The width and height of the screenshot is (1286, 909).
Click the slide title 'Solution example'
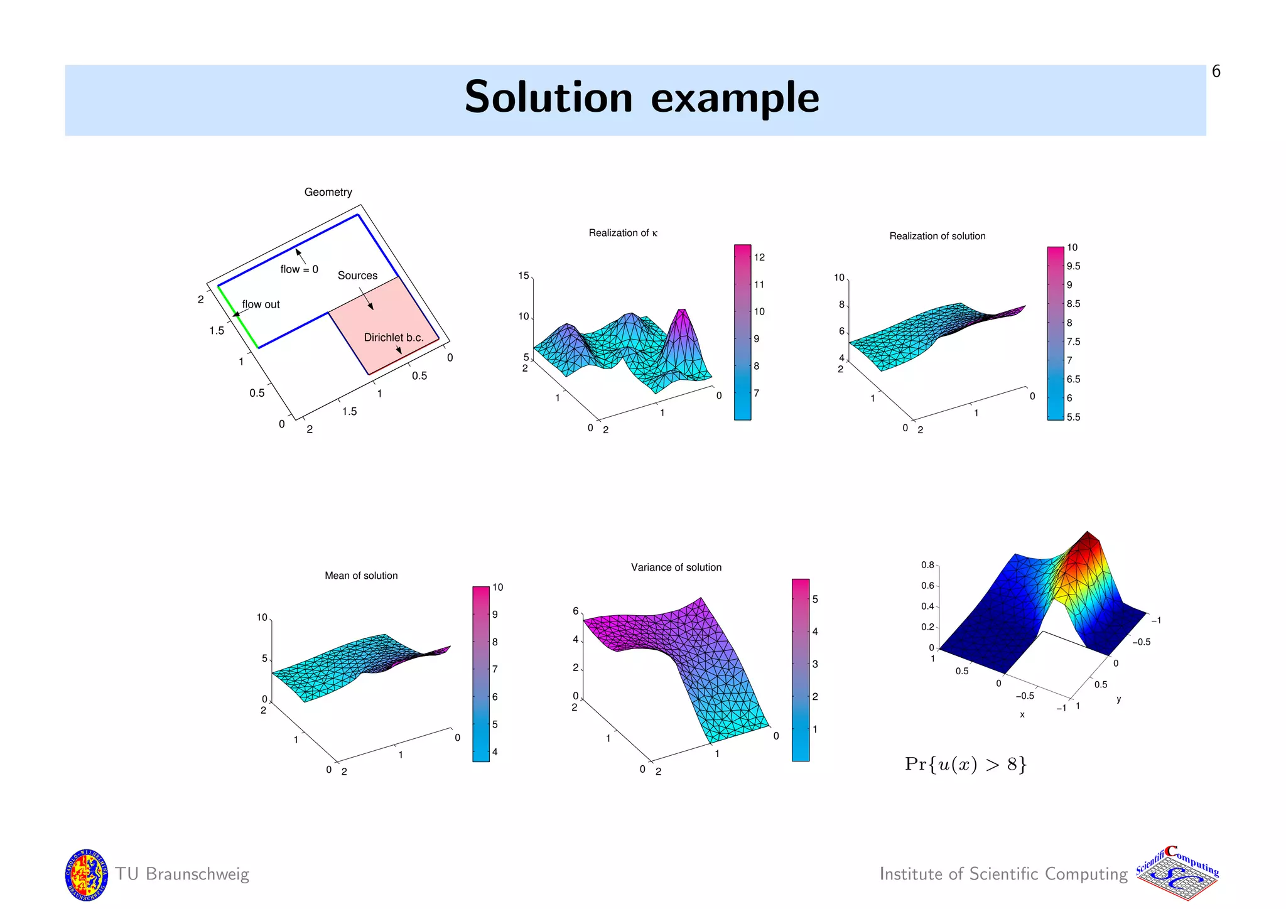(641, 98)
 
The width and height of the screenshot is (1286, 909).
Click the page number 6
(1216, 72)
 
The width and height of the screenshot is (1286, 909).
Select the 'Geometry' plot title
(328, 192)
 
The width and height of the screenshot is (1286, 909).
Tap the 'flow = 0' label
(299, 269)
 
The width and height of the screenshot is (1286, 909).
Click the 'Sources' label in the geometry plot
(357, 276)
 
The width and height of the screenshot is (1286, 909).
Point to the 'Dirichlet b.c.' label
(394, 337)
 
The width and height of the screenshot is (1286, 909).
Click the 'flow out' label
(261, 304)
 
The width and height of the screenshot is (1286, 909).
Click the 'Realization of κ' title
(623, 233)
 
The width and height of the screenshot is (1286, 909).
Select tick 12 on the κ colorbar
(759, 257)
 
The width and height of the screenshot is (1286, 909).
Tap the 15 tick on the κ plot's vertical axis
(523, 276)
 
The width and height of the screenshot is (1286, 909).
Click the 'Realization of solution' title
(937, 236)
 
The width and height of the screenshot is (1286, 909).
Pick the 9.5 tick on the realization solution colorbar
(1073, 266)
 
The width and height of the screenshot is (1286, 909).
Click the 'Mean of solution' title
(361, 576)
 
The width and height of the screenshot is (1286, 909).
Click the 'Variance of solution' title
(676, 567)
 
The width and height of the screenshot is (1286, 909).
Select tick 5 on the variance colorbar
(815, 600)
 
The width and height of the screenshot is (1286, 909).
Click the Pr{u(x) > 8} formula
(965, 764)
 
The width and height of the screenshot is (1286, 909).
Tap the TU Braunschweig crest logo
(87, 874)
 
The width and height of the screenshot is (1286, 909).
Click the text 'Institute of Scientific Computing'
(1003, 874)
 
